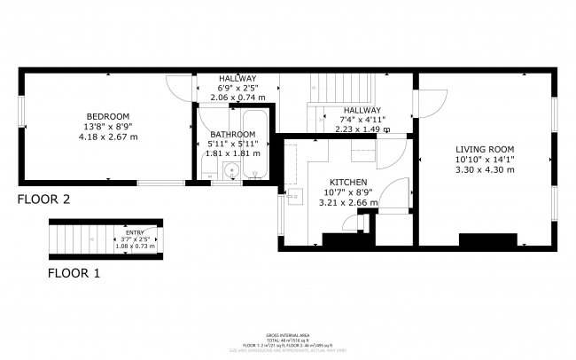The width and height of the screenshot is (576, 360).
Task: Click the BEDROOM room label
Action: tap(108, 117)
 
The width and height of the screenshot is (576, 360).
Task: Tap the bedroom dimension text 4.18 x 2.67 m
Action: tap(108, 137)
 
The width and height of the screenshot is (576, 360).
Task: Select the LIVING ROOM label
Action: tap(484, 148)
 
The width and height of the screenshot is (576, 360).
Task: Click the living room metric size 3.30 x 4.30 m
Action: tap(484, 168)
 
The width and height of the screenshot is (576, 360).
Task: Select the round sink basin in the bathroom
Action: tap(232, 171)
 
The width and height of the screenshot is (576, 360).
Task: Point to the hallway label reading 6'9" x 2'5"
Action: tap(237, 89)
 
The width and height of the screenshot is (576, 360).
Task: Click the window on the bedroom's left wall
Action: tap(22, 116)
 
